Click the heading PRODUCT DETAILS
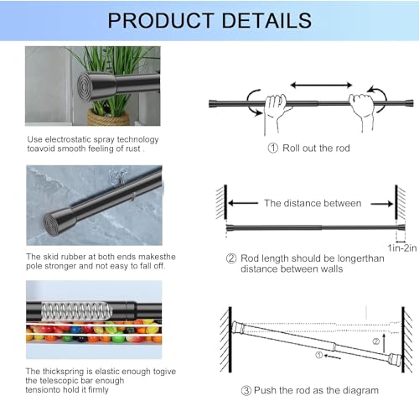pos(209,19)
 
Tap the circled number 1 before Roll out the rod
pos(250,148)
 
